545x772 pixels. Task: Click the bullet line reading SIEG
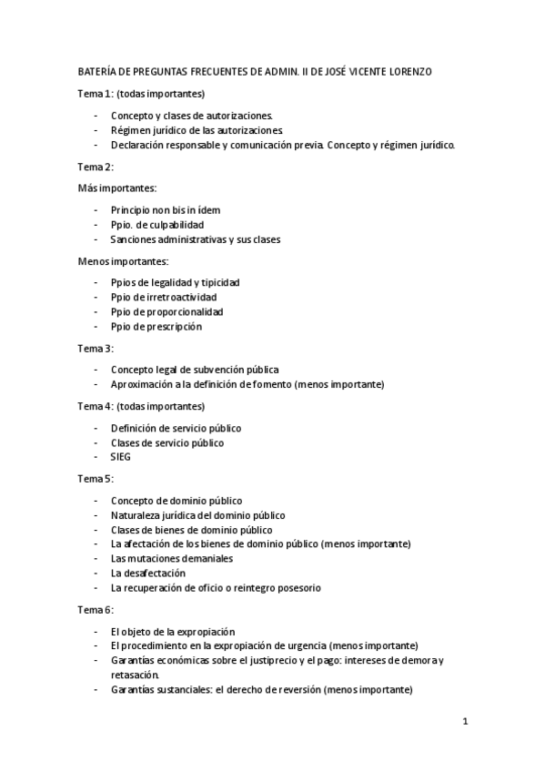[x=120, y=457]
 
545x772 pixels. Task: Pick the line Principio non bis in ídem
[x=165, y=210]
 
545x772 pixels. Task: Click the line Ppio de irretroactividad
[x=163, y=297]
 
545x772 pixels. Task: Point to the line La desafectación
[x=147, y=574]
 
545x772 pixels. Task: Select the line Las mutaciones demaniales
[x=171, y=558]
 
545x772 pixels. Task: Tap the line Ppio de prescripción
[x=156, y=326]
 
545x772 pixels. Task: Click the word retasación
[x=135, y=675]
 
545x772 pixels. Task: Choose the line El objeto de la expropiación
[x=173, y=631]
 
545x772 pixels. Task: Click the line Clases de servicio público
[x=167, y=442]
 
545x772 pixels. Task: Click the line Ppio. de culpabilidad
[x=156, y=225]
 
